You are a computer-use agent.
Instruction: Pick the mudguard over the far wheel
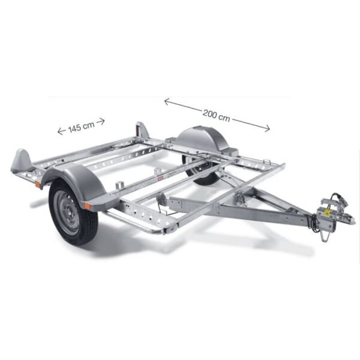click(204, 142)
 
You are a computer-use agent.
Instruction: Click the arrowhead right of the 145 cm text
click(103, 121)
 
